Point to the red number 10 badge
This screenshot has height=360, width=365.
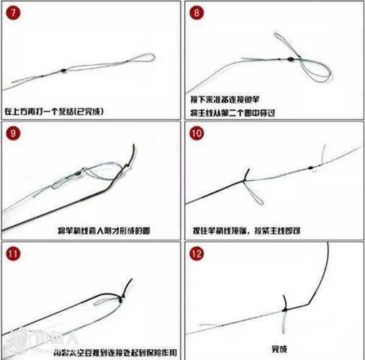[197, 133]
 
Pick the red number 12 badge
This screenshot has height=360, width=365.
[197, 253]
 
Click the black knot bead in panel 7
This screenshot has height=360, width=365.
[63, 69]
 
